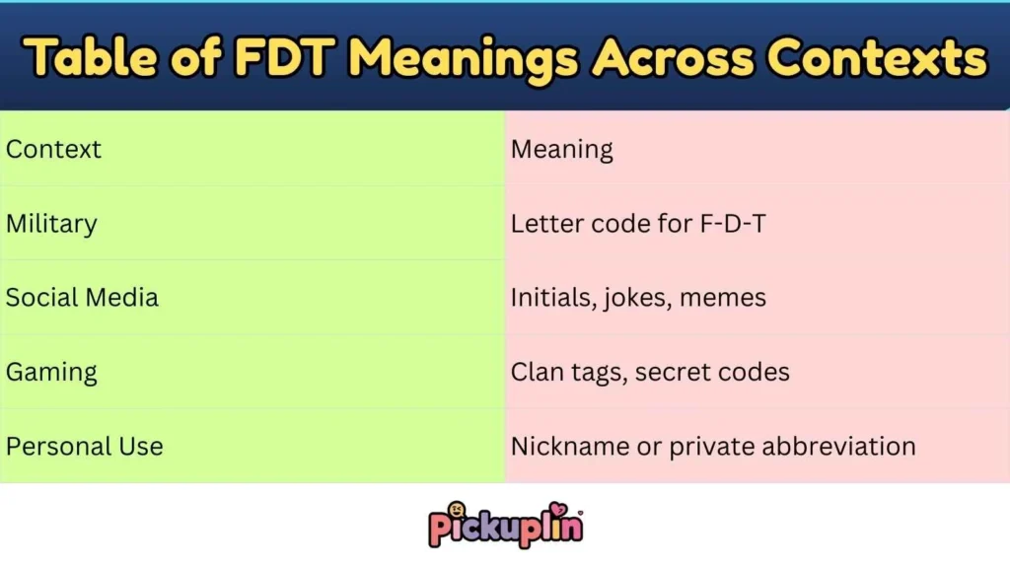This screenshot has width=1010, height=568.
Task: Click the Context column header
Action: pos(53,150)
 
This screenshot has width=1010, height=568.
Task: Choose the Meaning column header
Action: pos(561,150)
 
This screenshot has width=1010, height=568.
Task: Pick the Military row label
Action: pos(51,224)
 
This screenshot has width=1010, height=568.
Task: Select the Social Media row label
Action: pos(82,298)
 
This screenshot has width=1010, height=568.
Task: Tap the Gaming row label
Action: pos(51,373)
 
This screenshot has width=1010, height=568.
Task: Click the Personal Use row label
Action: pos(84,447)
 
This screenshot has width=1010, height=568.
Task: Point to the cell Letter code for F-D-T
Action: pos(638,224)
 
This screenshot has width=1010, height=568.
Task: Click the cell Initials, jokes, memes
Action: pos(638,298)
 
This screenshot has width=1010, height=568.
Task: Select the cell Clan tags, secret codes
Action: pos(650,373)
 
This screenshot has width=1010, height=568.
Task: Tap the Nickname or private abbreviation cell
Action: pos(713,447)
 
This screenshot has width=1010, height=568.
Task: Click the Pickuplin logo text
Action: pos(506,529)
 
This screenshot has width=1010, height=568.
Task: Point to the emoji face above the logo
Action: pos(457,510)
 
